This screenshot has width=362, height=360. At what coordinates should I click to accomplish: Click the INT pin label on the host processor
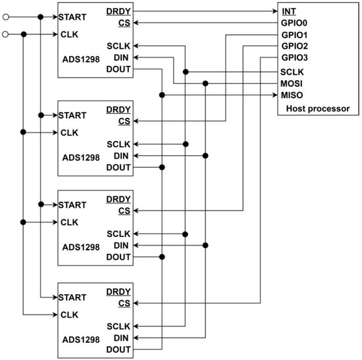(x=288, y=11)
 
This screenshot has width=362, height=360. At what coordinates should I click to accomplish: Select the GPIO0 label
(x=294, y=23)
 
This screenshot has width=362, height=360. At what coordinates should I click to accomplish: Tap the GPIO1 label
(x=294, y=35)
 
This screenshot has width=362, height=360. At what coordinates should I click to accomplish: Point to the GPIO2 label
(x=294, y=47)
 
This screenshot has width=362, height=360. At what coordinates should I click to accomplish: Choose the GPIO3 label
(x=294, y=59)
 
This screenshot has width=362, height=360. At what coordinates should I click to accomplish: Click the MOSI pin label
(x=292, y=83)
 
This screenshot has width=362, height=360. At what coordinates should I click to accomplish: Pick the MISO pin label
(x=292, y=95)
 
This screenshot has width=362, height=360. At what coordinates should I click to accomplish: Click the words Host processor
(x=318, y=108)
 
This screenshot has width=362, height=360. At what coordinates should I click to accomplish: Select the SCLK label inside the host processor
(x=292, y=71)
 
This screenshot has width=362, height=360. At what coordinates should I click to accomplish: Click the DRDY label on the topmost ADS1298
(x=118, y=11)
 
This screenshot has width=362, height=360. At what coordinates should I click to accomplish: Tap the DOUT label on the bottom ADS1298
(x=118, y=350)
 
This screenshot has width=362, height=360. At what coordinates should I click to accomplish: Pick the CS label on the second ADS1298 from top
(x=124, y=121)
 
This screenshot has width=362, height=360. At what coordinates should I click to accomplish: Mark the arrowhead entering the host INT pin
(x=273, y=11)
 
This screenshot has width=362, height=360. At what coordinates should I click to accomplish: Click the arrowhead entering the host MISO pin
(x=273, y=95)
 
